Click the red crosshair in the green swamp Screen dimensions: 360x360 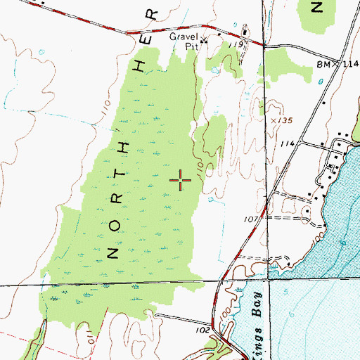click(x=181, y=181)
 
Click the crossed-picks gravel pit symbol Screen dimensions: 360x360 click(x=203, y=41)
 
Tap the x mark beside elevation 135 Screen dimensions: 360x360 click(x=274, y=121)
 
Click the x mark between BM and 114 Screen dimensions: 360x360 click(x=336, y=64)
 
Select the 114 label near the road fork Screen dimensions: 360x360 click(x=287, y=143)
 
